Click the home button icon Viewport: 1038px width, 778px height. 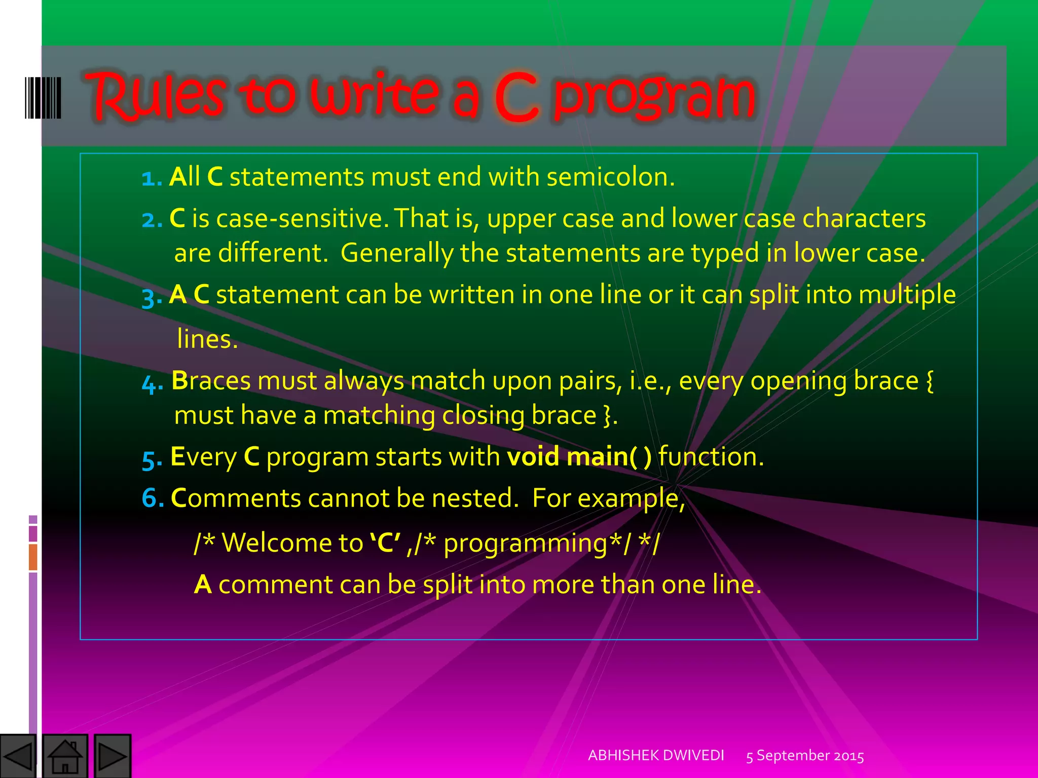click(65, 756)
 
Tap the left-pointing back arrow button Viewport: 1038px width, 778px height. click(18, 756)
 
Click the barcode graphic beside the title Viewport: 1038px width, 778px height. click(43, 98)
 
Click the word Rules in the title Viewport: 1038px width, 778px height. click(155, 96)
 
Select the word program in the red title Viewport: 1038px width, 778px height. click(654, 96)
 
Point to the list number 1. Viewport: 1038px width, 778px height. click(150, 178)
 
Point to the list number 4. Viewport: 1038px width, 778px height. click(151, 383)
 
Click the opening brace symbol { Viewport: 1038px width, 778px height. click(930, 381)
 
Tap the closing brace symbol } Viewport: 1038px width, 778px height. click(608, 416)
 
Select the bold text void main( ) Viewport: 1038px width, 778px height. click(579, 457)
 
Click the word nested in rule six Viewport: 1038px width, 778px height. click(471, 498)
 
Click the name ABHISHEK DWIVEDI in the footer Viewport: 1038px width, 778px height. click(656, 755)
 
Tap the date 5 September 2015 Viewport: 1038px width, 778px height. click(805, 756)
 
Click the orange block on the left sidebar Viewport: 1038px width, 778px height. click(33, 557)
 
